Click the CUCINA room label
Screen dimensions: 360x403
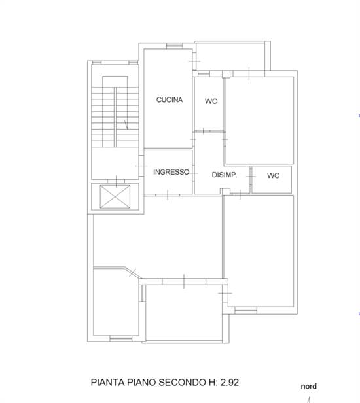170,99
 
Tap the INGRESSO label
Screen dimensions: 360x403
171,172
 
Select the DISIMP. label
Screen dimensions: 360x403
225,175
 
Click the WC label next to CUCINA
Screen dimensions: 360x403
211,101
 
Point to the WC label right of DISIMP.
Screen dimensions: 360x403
273,175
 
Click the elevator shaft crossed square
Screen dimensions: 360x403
115,197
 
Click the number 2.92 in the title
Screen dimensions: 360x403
230,383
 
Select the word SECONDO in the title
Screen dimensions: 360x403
183,383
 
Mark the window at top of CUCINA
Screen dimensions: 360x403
174,46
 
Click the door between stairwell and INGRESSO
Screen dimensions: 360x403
141,166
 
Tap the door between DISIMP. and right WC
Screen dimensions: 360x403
251,177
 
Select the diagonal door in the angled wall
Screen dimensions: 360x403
133,272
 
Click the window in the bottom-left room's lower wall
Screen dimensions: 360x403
120,338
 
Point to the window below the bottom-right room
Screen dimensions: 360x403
246,311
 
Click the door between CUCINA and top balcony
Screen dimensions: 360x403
194,61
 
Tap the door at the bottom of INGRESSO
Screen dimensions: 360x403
168,195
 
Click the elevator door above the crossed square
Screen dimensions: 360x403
117,181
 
